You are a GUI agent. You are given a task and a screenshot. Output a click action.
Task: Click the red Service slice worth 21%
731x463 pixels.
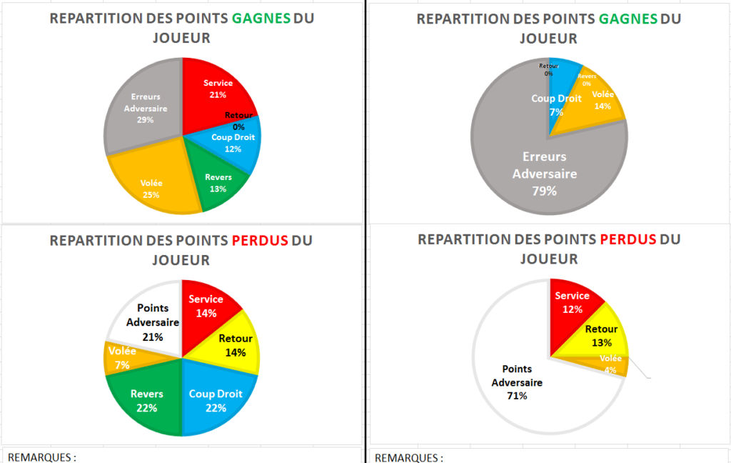tap(214, 89)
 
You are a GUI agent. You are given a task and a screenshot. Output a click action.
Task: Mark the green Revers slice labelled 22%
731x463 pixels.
tap(146, 400)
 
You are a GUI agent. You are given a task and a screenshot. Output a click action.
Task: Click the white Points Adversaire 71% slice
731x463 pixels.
tap(514, 379)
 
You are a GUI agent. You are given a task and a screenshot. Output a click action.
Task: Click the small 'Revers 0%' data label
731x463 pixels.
tap(587, 79)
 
